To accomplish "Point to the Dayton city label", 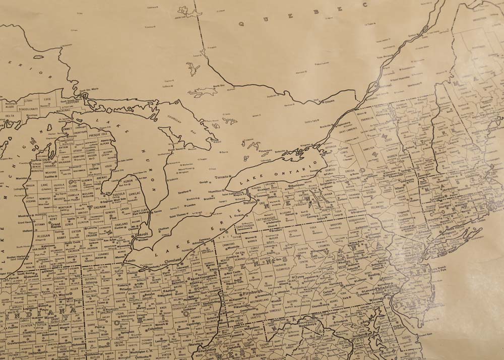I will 104,346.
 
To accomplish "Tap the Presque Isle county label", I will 97,135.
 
